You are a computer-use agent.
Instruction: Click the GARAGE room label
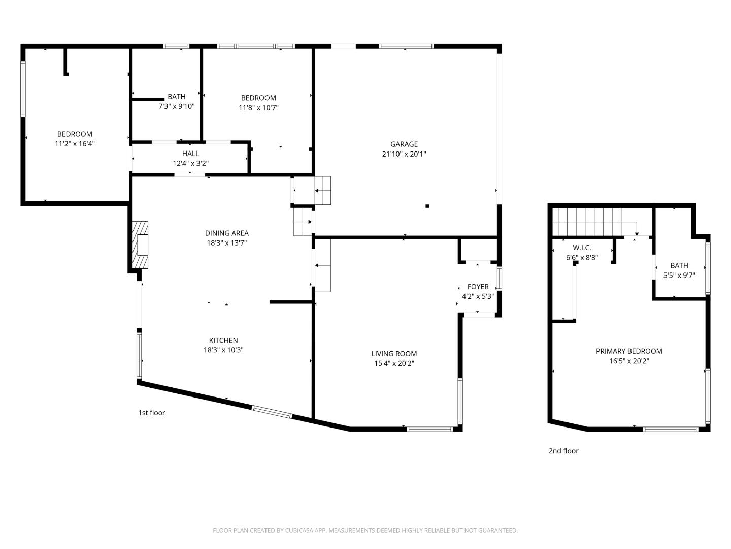[x=404, y=144]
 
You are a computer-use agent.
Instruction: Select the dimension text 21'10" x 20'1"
[x=404, y=154]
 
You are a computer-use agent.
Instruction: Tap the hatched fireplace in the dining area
[x=140, y=245]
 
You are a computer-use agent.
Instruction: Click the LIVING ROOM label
[x=394, y=354]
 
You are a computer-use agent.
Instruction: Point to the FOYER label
[x=478, y=287]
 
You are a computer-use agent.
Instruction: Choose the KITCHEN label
[x=223, y=341]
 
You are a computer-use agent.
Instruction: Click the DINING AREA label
[x=227, y=233]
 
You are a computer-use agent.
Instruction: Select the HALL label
[x=191, y=154]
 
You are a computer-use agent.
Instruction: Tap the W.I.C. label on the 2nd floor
[x=582, y=248]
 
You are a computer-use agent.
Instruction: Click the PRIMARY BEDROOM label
[x=629, y=351]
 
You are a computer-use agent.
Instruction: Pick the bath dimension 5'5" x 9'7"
[x=679, y=276]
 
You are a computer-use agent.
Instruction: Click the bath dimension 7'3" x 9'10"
[x=177, y=106]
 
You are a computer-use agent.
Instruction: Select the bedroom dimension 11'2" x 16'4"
[x=75, y=144]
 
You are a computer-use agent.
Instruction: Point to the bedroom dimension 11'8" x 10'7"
[x=258, y=108]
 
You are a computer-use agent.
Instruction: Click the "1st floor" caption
[x=152, y=413]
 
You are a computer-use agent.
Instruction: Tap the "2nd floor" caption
[x=563, y=451]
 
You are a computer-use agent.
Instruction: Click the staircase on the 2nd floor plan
[x=589, y=222]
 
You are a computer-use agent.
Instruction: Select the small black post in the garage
[x=427, y=206]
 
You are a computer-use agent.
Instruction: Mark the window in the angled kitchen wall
[x=272, y=412]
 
